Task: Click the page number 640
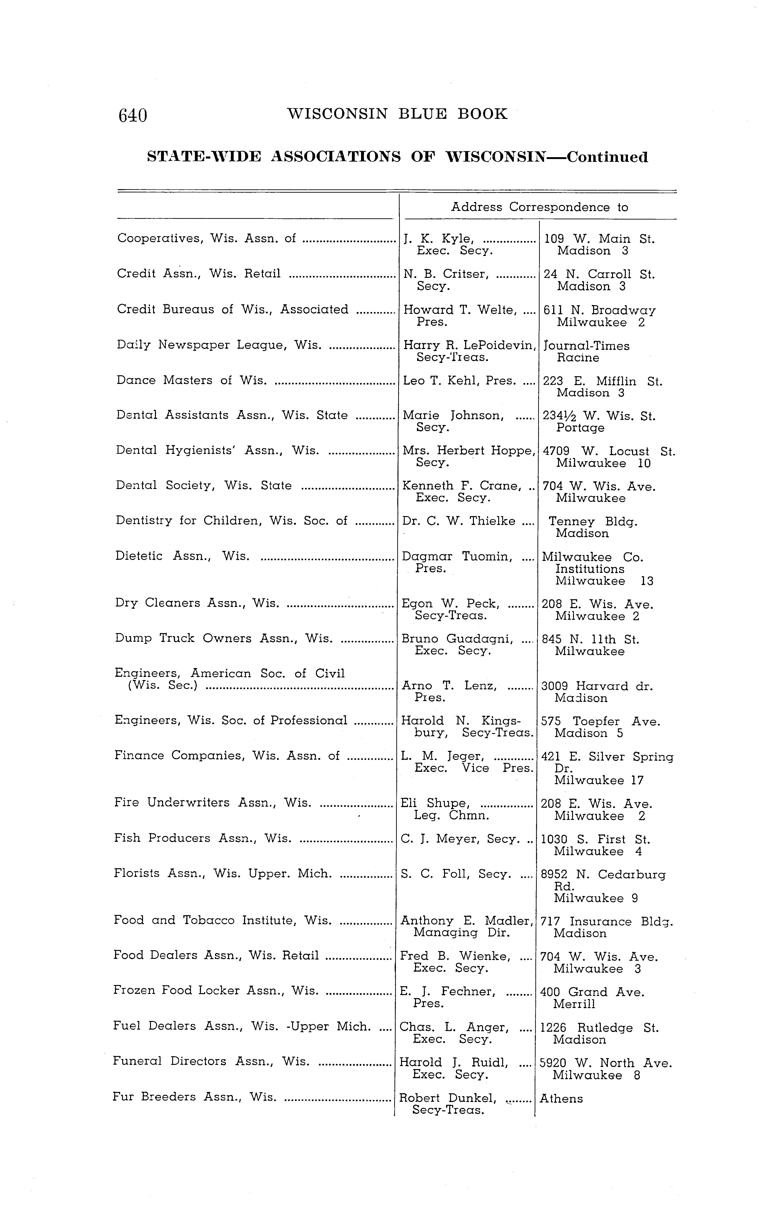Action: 132,115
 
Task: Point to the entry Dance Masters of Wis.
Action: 191,380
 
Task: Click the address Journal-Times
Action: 586,346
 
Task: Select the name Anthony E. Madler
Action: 466,921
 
